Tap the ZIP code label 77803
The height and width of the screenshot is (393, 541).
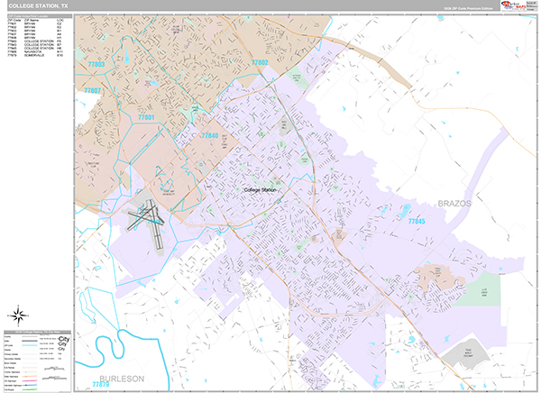(x=96, y=65)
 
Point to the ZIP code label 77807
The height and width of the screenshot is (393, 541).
(x=93, y=92)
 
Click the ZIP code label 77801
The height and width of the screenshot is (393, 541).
(x=146, y=118)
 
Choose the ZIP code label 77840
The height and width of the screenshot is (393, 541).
(x=209, y=135)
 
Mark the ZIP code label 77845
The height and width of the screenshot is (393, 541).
(x=416, y=220)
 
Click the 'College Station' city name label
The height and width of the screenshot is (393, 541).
(x=262, y=190)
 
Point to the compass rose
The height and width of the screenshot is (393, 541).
(x=18, y=315)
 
